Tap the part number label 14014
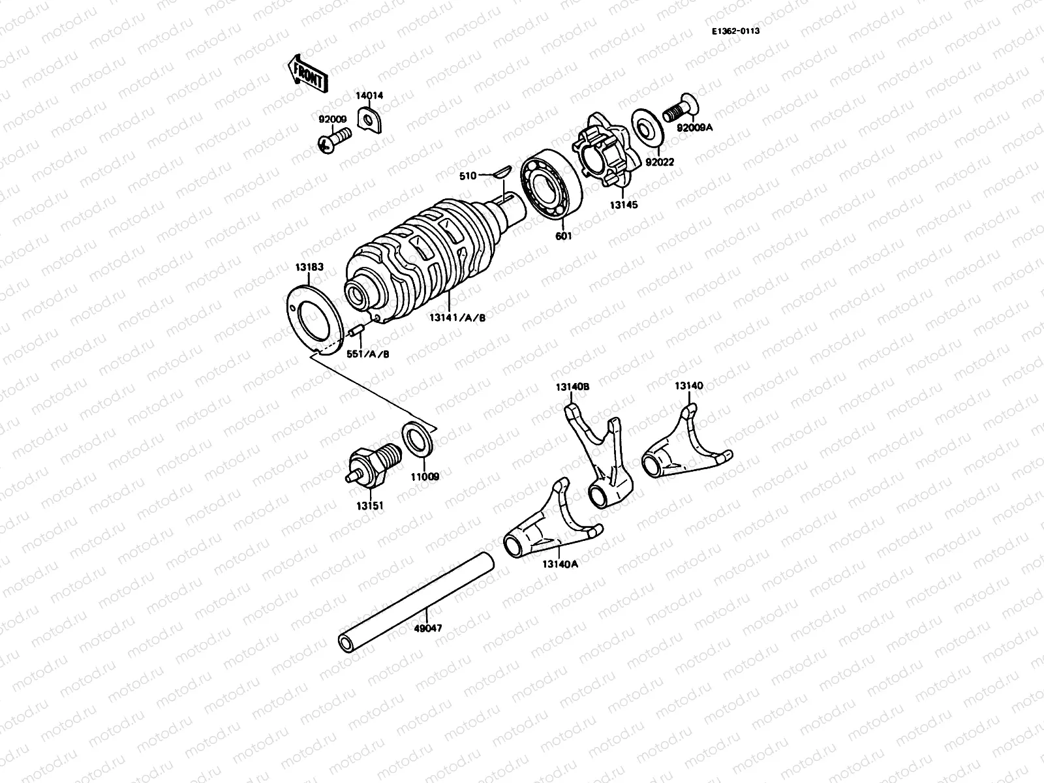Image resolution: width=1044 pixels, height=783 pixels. [369, 95]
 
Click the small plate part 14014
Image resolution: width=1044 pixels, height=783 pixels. [371, 121]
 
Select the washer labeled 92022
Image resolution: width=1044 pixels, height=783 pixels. [647, 128]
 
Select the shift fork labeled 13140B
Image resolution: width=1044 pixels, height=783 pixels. [600, 457]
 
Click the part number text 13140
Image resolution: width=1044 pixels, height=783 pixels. [688, 386]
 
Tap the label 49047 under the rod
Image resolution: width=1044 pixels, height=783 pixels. [428, 628]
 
